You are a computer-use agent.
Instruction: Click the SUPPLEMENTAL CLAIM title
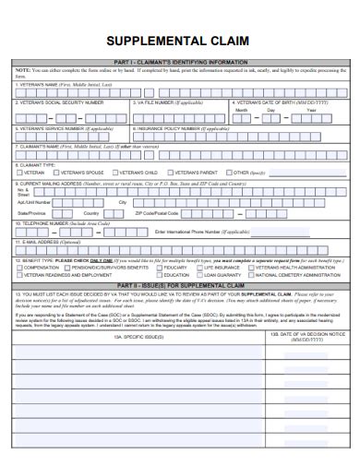pos(179,41)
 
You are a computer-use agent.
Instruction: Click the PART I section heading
pos(180,62)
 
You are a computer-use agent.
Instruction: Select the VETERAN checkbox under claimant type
pos(20,172)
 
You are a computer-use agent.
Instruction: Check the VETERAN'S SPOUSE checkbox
pos(65,172)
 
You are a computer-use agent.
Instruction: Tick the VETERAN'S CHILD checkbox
pos(115,172)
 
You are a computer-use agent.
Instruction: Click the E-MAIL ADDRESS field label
pos(51,243)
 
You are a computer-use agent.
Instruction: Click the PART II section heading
pos(180,285)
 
